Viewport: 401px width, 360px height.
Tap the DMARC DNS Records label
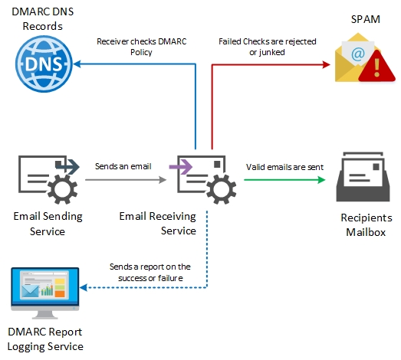click(x=43, y=19)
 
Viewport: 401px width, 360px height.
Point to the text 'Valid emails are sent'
click(x=284, y=166)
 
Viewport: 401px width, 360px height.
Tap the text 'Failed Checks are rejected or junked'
click(x=263, y=47)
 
